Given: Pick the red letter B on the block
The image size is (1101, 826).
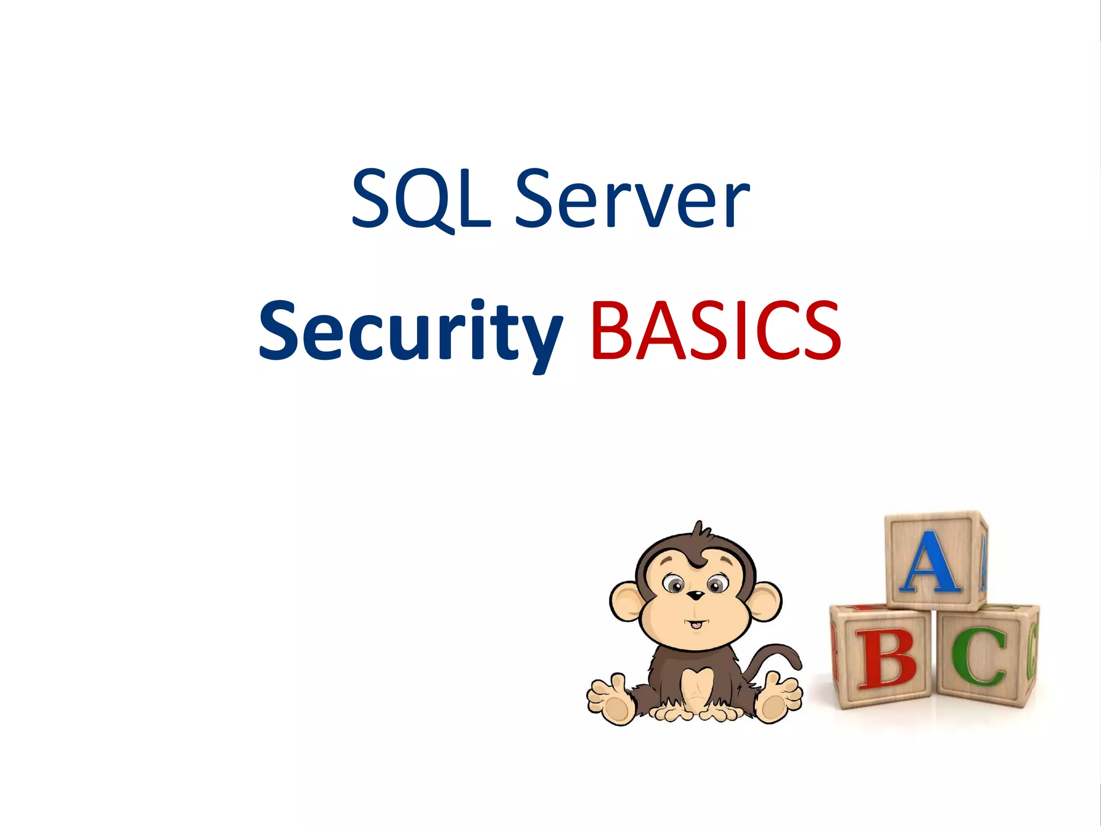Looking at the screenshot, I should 885,659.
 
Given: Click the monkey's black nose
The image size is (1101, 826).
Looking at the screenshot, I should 696,595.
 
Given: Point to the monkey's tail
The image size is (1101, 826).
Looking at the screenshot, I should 780,653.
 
